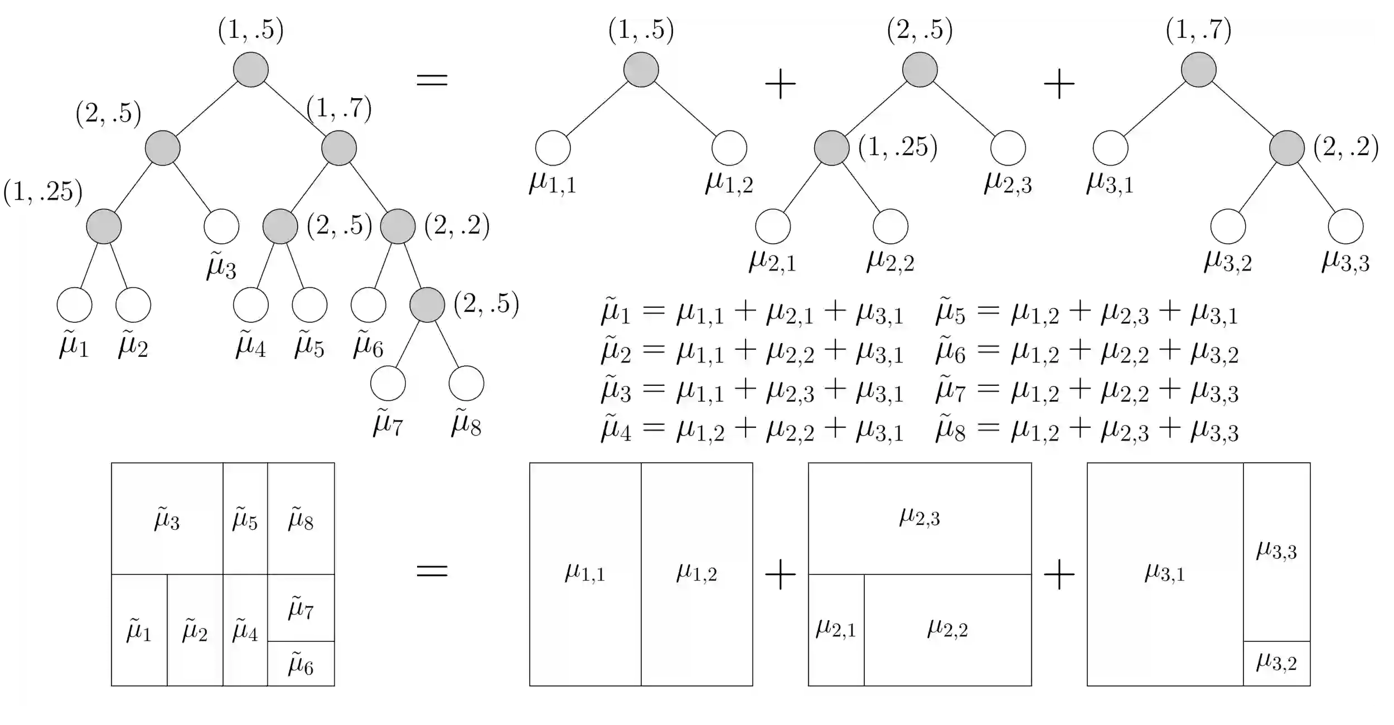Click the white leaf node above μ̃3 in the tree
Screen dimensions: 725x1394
221,226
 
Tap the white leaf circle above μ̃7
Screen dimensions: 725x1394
388,383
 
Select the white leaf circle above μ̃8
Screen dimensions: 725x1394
466,383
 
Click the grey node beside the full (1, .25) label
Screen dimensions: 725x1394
832,148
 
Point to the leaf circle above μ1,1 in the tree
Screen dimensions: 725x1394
553,148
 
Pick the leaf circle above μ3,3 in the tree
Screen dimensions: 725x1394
1346,226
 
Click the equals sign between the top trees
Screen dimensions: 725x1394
432,80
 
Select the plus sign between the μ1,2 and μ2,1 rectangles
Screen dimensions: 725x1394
780,574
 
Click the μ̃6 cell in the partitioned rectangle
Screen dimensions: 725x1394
301,664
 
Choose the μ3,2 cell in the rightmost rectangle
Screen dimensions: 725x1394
1276,663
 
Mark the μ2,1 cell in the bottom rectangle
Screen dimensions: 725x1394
836,630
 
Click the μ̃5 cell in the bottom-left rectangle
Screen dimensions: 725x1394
245,519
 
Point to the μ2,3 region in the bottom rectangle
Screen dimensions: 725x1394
919,518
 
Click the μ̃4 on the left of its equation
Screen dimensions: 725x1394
616,429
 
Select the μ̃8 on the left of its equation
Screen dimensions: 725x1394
950,429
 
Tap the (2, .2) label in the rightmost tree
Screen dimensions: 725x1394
1344,147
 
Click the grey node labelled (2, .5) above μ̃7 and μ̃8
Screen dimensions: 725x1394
427,305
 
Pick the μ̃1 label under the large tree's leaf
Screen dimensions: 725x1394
74,346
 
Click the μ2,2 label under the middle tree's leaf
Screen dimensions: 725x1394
890,261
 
